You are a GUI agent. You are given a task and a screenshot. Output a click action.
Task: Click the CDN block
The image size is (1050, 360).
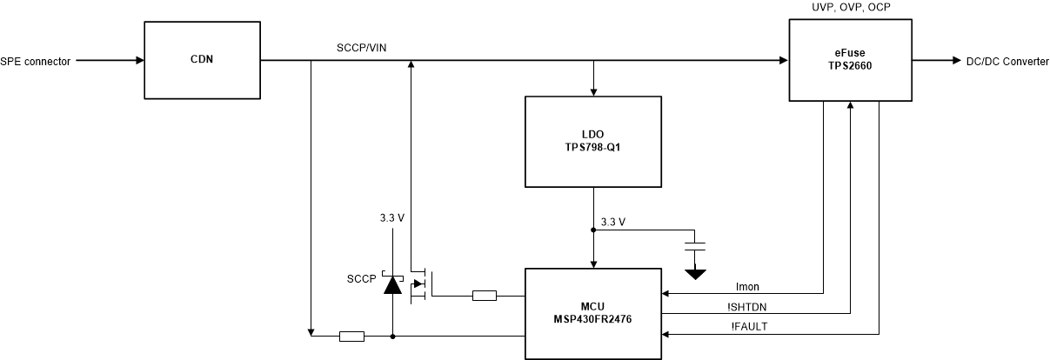coord(201,61)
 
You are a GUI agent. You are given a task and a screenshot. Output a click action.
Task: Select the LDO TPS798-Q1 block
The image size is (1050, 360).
coord(593,142)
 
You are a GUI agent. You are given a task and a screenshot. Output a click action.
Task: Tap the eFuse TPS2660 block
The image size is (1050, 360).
coord(849,61)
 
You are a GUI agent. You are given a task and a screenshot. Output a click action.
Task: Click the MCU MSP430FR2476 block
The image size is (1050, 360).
coord(593,314)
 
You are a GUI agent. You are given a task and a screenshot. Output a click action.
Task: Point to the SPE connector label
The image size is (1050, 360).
coord(36,61)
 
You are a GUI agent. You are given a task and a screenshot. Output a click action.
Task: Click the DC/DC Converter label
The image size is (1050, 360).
coord(1001,61)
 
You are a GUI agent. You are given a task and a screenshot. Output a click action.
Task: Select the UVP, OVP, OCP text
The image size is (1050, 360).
coord(849,8)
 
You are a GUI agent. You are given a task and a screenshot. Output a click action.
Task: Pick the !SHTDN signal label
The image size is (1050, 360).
coord(748,305)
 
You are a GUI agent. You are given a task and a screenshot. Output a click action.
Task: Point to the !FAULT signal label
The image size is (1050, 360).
coord(748,326)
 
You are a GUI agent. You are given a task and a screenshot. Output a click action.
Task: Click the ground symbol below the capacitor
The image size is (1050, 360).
coord(695,274)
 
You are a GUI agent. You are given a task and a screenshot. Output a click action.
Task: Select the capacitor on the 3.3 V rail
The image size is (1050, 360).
coord(695,245)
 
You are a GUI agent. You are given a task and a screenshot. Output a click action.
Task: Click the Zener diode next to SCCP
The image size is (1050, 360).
coord(392,283)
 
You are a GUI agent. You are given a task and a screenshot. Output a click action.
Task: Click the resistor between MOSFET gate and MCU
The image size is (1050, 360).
coord(484,297)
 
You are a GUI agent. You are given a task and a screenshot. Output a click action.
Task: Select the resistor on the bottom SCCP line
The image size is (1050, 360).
coord(351,336)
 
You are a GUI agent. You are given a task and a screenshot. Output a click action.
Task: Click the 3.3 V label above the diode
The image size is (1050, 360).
coord(392,217)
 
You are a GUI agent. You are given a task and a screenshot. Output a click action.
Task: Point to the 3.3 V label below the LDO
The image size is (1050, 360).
coord(613,223)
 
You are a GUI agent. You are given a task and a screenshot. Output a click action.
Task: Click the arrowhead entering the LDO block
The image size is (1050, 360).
coord(593,91)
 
